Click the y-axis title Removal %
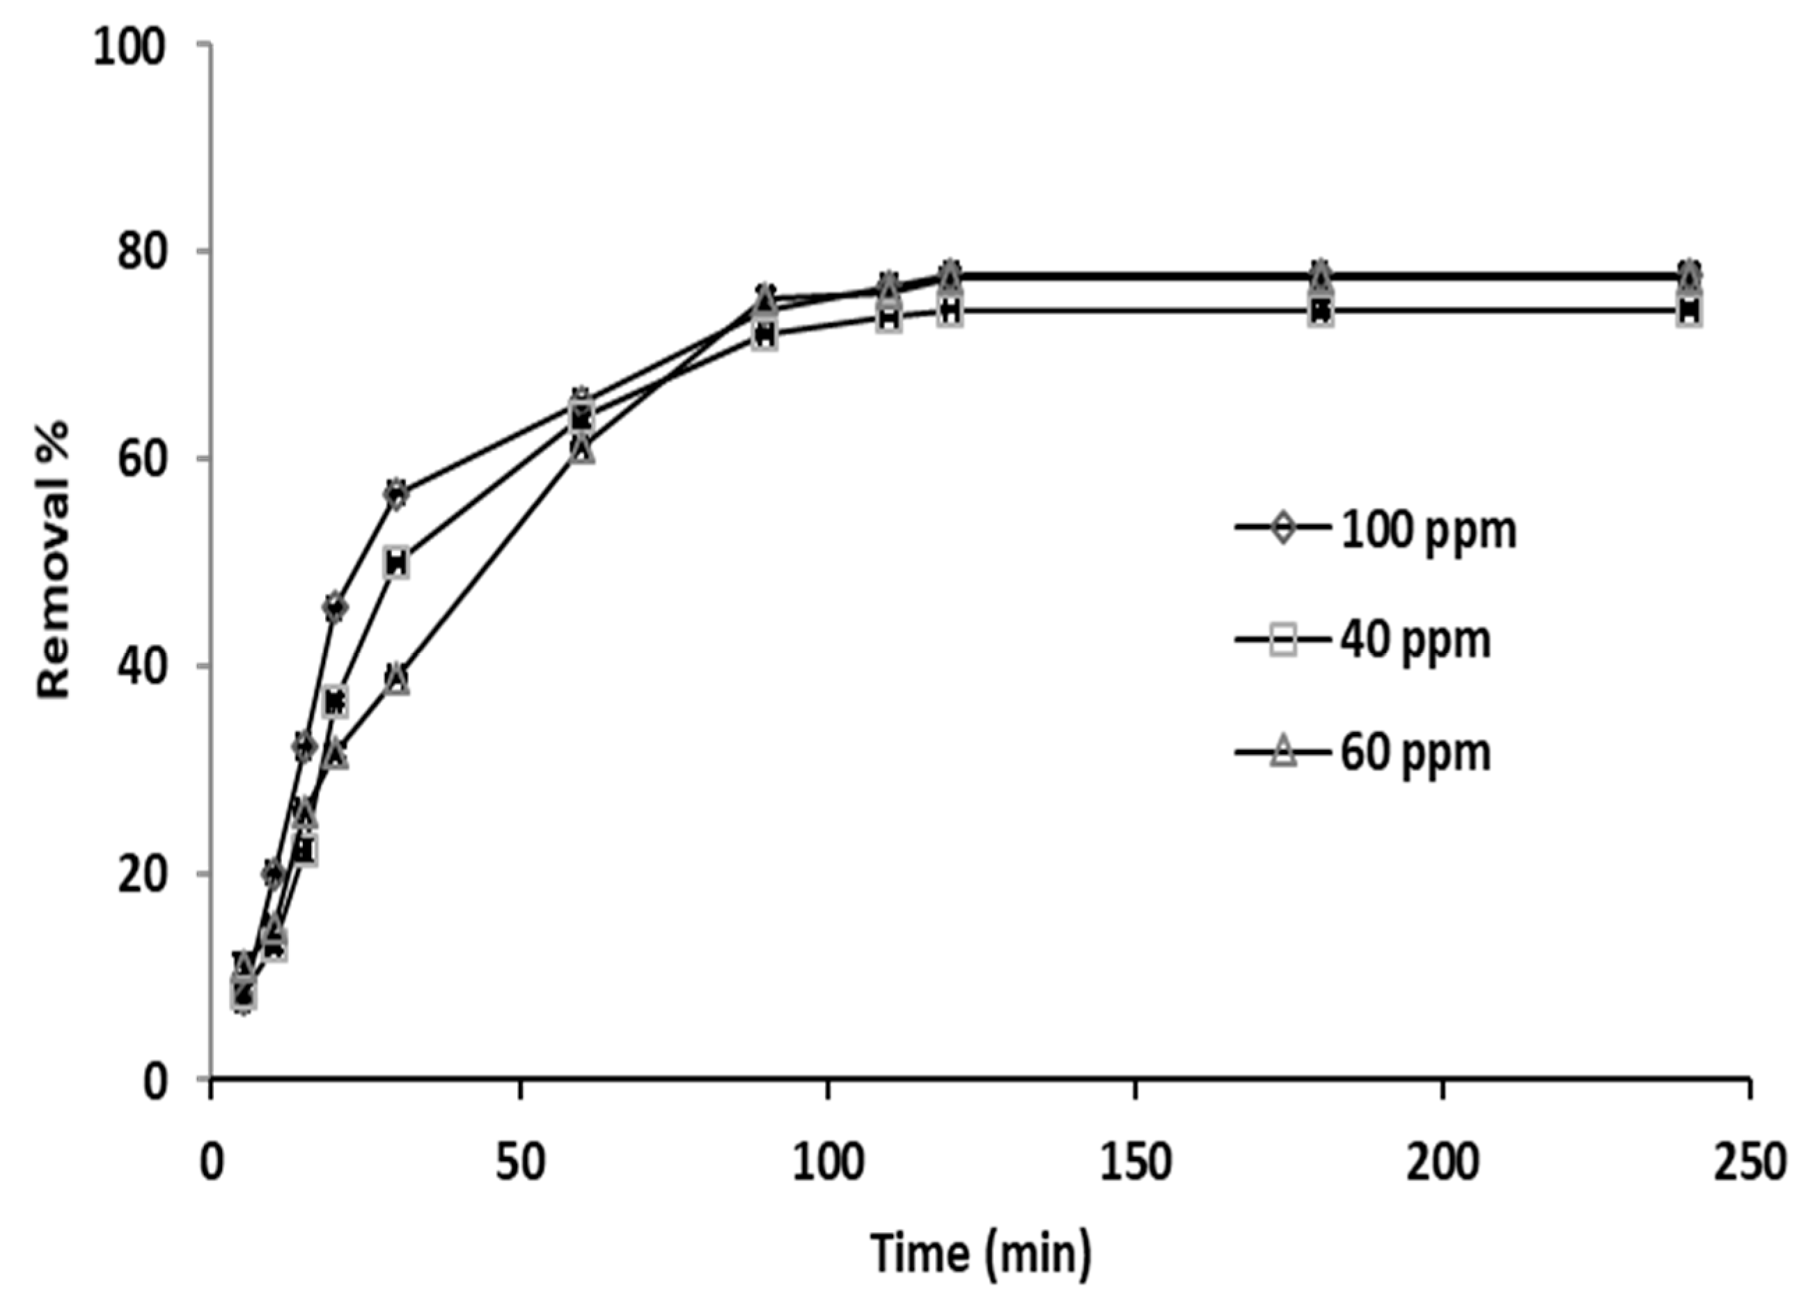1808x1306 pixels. click(x=54, y=560)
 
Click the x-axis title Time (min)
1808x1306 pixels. click(x=980, y=1252)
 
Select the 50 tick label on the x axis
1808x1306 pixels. click(x=520, y=1163)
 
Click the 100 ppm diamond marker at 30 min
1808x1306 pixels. click(x=396, y=493)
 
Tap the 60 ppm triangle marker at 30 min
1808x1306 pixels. click(x=396, y=680)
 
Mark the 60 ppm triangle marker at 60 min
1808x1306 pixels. click(x=582, y=449)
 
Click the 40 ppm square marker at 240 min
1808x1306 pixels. click(x=1688, y=312)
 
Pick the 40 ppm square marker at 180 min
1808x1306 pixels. click(x=1320, y=312)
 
